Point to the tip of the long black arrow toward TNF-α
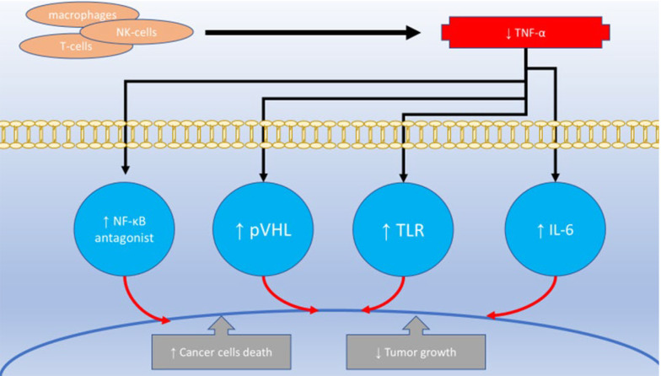[417, 33]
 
